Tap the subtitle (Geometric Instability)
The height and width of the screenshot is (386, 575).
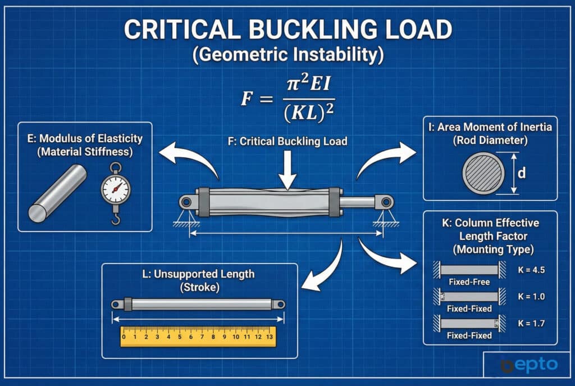(x=287, y=56)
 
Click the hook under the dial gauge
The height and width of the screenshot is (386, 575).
(x=116, y=216)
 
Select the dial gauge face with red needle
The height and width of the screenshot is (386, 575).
(x=115, y=189)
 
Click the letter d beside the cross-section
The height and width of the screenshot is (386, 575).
(x=522, y=174)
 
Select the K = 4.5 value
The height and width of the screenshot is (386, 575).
(x=531, y=269)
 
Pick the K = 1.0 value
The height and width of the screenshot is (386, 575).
(x=531, y=297)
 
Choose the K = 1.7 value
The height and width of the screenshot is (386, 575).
(x=531, y=324)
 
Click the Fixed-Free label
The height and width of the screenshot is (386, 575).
(x=466, y=281)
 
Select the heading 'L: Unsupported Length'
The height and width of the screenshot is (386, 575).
(x=199, y=274)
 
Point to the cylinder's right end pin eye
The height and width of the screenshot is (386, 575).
(x=386, y=202)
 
